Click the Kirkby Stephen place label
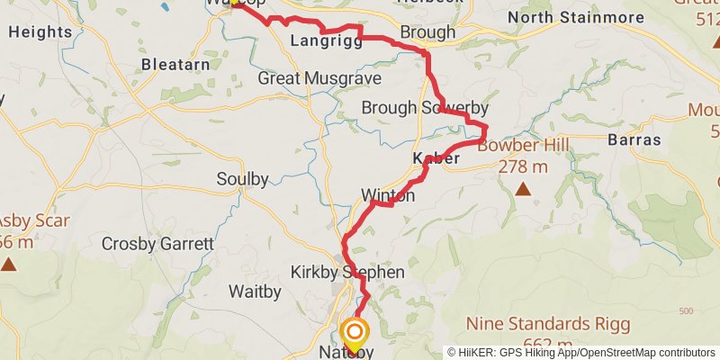[347, 272]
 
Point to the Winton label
[388, 195]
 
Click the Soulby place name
[242, 179]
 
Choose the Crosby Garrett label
[157, 244]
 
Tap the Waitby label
[256, 292]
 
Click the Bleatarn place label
[175, 65]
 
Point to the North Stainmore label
[576, 17]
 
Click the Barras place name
[634, 140]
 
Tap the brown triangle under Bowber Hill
[523, 189]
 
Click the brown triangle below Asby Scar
[9, 264]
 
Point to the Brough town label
[427, 33]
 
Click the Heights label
[40, 31]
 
